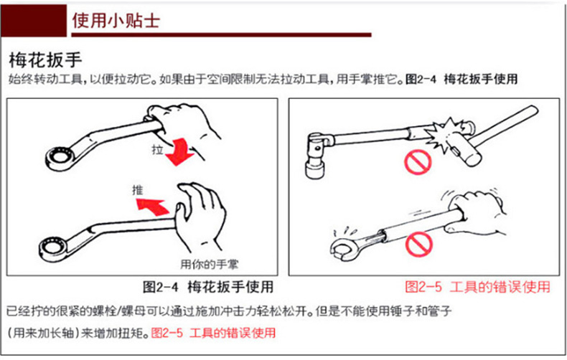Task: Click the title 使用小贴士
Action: click(116, 20)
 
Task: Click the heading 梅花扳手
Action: click(45, 60)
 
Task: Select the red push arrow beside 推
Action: click(152, 206)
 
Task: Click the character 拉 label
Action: click(158, 149)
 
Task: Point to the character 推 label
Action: click(137, 190)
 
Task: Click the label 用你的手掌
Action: click(210, 265)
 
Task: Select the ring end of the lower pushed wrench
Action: click(54, 248)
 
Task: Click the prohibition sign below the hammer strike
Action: click(418, 163)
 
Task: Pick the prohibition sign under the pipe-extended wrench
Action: click(418, 244)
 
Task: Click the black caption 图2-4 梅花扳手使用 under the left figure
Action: click(208, 287)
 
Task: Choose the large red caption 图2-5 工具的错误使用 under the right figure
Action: click(477, 287)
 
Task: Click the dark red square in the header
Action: click(34, 21)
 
